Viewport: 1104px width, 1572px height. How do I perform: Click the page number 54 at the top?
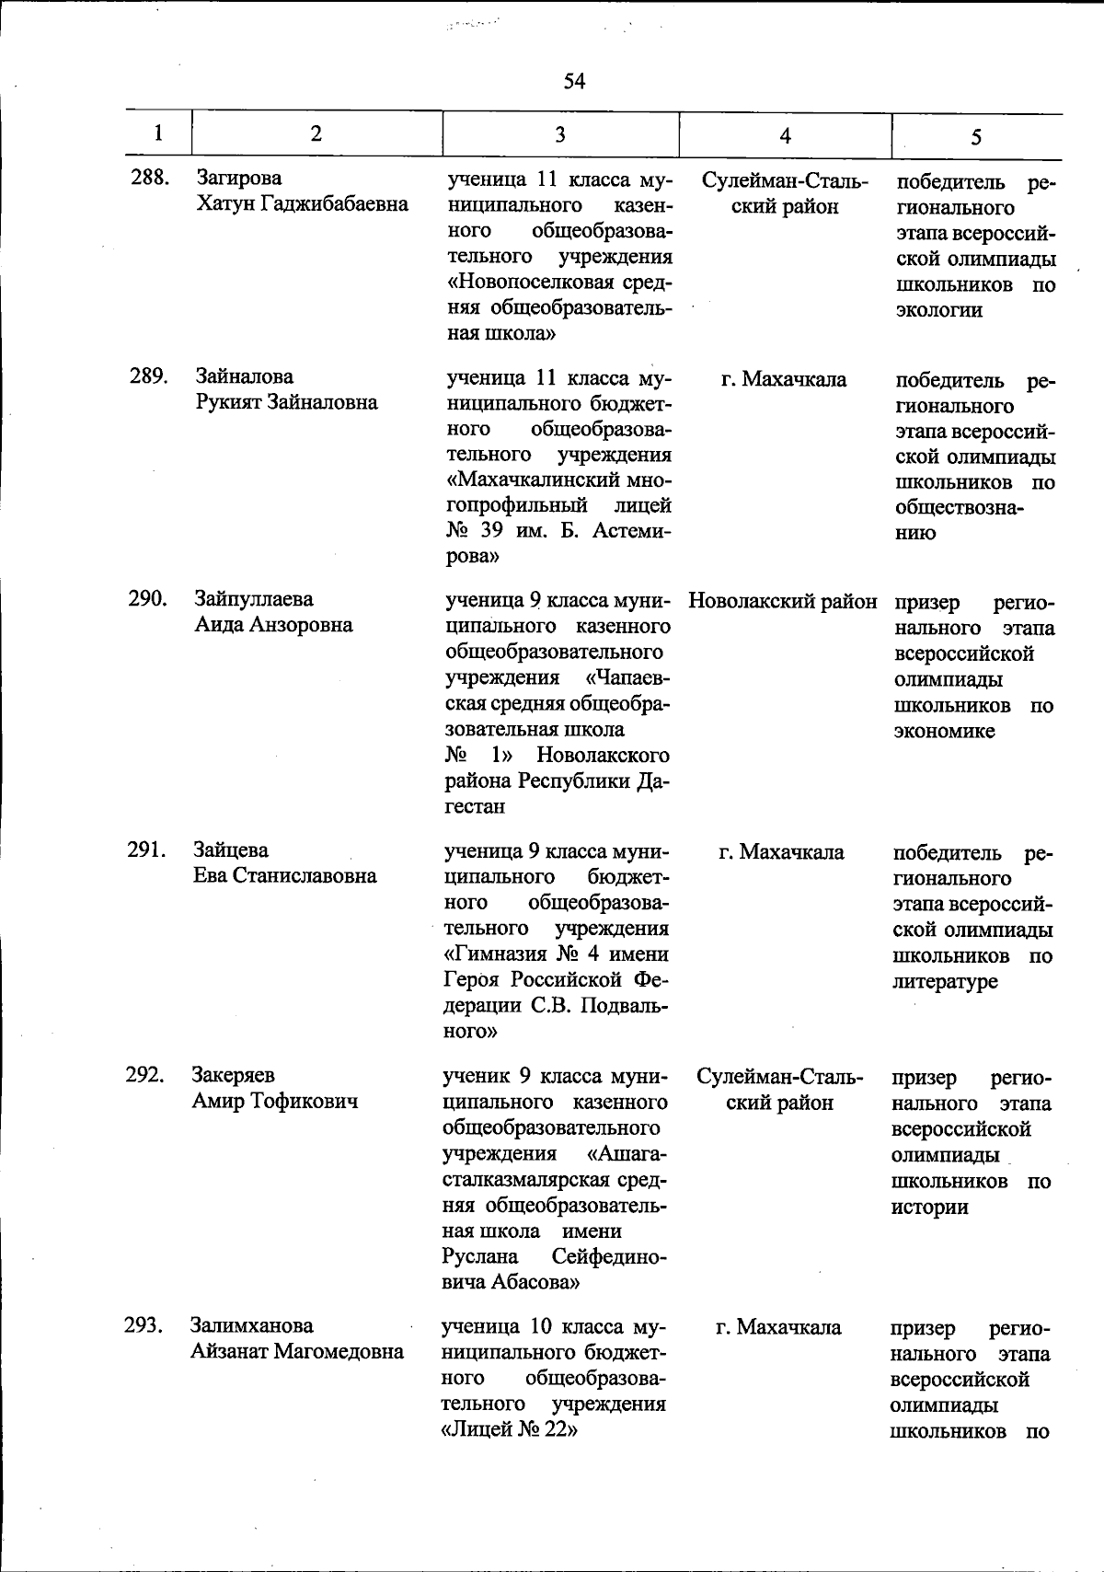(574, 82)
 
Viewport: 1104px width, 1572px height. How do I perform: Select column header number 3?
(559, 134)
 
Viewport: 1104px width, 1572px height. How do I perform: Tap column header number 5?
(975, 136)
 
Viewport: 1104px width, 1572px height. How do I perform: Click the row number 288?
(149, 178)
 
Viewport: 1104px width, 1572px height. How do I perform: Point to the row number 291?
(146, 850)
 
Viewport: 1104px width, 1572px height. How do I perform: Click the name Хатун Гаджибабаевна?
(302, 203)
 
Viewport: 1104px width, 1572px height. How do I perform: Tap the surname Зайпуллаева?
(254, 599)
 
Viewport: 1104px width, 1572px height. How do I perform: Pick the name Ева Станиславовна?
(284, 875)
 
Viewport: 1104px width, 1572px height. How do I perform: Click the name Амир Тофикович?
(274, 1101)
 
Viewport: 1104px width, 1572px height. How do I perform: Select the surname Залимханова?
(252, 1326)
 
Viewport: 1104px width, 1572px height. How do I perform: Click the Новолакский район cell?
(783, 602)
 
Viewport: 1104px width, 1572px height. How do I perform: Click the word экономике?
(945, 732)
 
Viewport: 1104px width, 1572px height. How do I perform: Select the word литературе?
(945, 982)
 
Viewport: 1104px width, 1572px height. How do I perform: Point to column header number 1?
(159, 133)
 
